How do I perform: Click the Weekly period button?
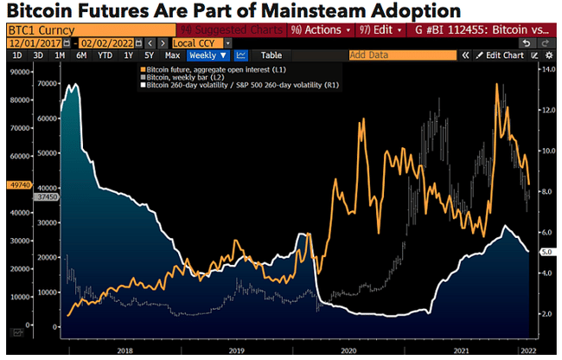click(x=208, y=55)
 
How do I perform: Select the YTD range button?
click(x=105, y=55)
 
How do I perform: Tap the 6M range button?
click(x=81, y=55)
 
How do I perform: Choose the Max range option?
click(x=172, y=55)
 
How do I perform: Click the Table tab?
click(x=271, y=55)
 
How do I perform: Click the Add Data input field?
click(x=401, y=55)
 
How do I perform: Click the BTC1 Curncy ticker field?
click(x=78, y=29)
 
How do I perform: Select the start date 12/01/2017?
click(x=35, y=42)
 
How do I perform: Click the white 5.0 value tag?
click(x=546, y=251)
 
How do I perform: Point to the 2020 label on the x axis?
click(x=349, y=350)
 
